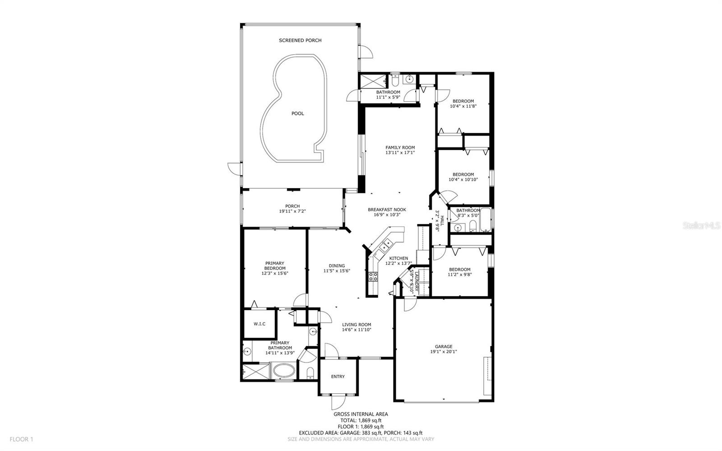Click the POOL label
pos(297,113)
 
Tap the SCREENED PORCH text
pos(300,40)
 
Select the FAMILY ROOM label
pos(400,148)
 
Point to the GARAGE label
pos(444,347)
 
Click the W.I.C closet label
pos(259,324)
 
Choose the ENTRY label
pos(338,377)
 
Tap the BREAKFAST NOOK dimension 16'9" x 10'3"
pos(387,215)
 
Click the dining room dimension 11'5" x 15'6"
pos(337,271)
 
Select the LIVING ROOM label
pos(356,325)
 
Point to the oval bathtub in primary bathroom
pos(284,371)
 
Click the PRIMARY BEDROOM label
pos(275,265)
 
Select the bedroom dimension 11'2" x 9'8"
pos(460,274)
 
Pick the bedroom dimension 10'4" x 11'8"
pos(463,106)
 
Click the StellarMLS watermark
pos(701,225)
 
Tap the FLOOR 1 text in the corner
pos(21,439)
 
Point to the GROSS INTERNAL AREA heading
pos(361,414)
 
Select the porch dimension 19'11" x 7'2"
pos(292,211)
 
